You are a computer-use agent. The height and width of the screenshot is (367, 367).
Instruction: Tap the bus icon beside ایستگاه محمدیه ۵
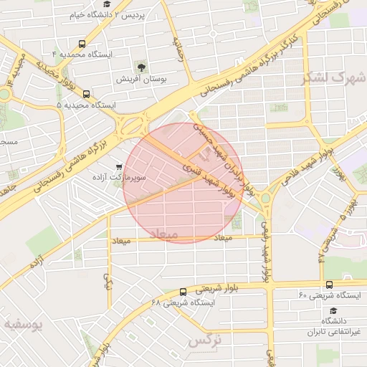[86, 94]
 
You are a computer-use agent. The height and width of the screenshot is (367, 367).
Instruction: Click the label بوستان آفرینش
[143, 80]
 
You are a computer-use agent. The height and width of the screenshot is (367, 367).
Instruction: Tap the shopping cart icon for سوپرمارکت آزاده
[119, 166]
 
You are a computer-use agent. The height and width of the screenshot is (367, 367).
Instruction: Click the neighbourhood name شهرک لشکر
[339, 77]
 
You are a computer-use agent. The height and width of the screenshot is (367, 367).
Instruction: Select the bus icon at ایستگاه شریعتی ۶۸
[183, 292]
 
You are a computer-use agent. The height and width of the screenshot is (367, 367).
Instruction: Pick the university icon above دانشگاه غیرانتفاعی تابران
[333, 310]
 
